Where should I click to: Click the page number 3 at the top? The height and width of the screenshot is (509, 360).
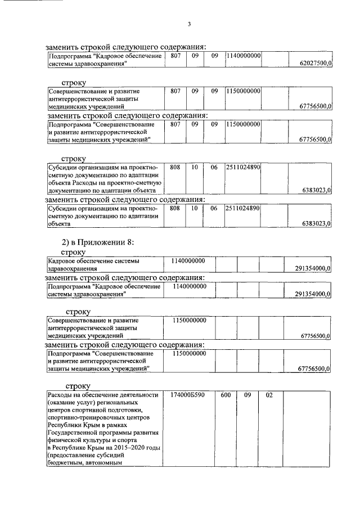[189, 24]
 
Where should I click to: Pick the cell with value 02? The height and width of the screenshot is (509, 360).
[269, 395]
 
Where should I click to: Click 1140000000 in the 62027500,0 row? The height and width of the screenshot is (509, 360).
[242, 56]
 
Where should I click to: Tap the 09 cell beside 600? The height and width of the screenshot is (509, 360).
[247, 395]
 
